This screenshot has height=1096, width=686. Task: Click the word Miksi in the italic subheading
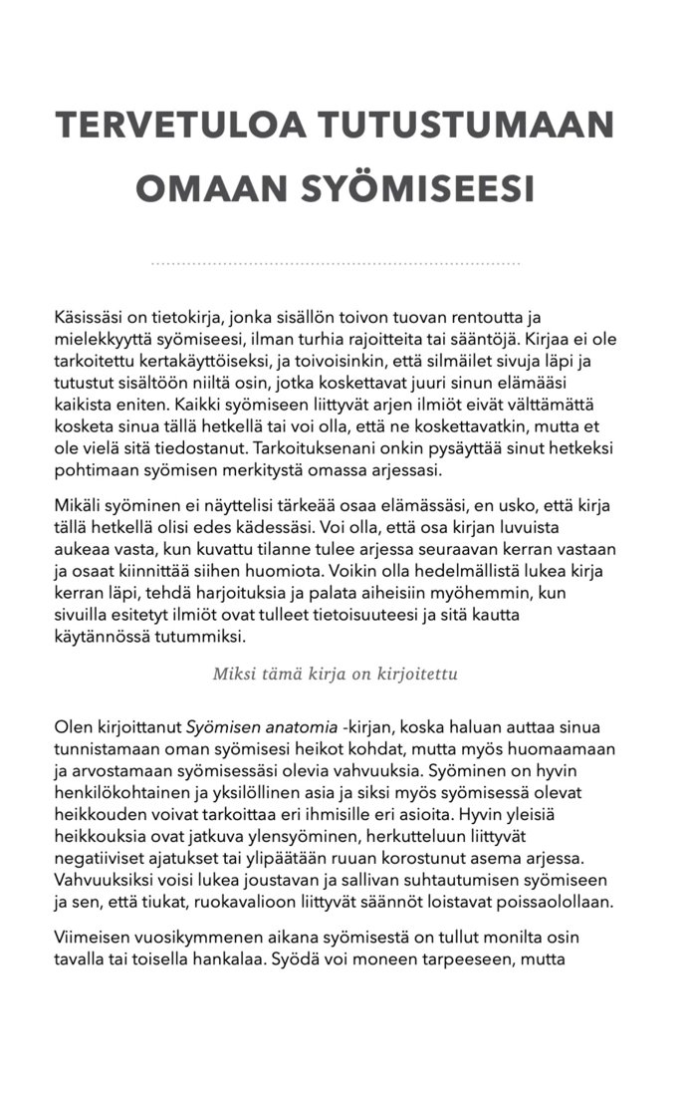(x=232, y=674)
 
